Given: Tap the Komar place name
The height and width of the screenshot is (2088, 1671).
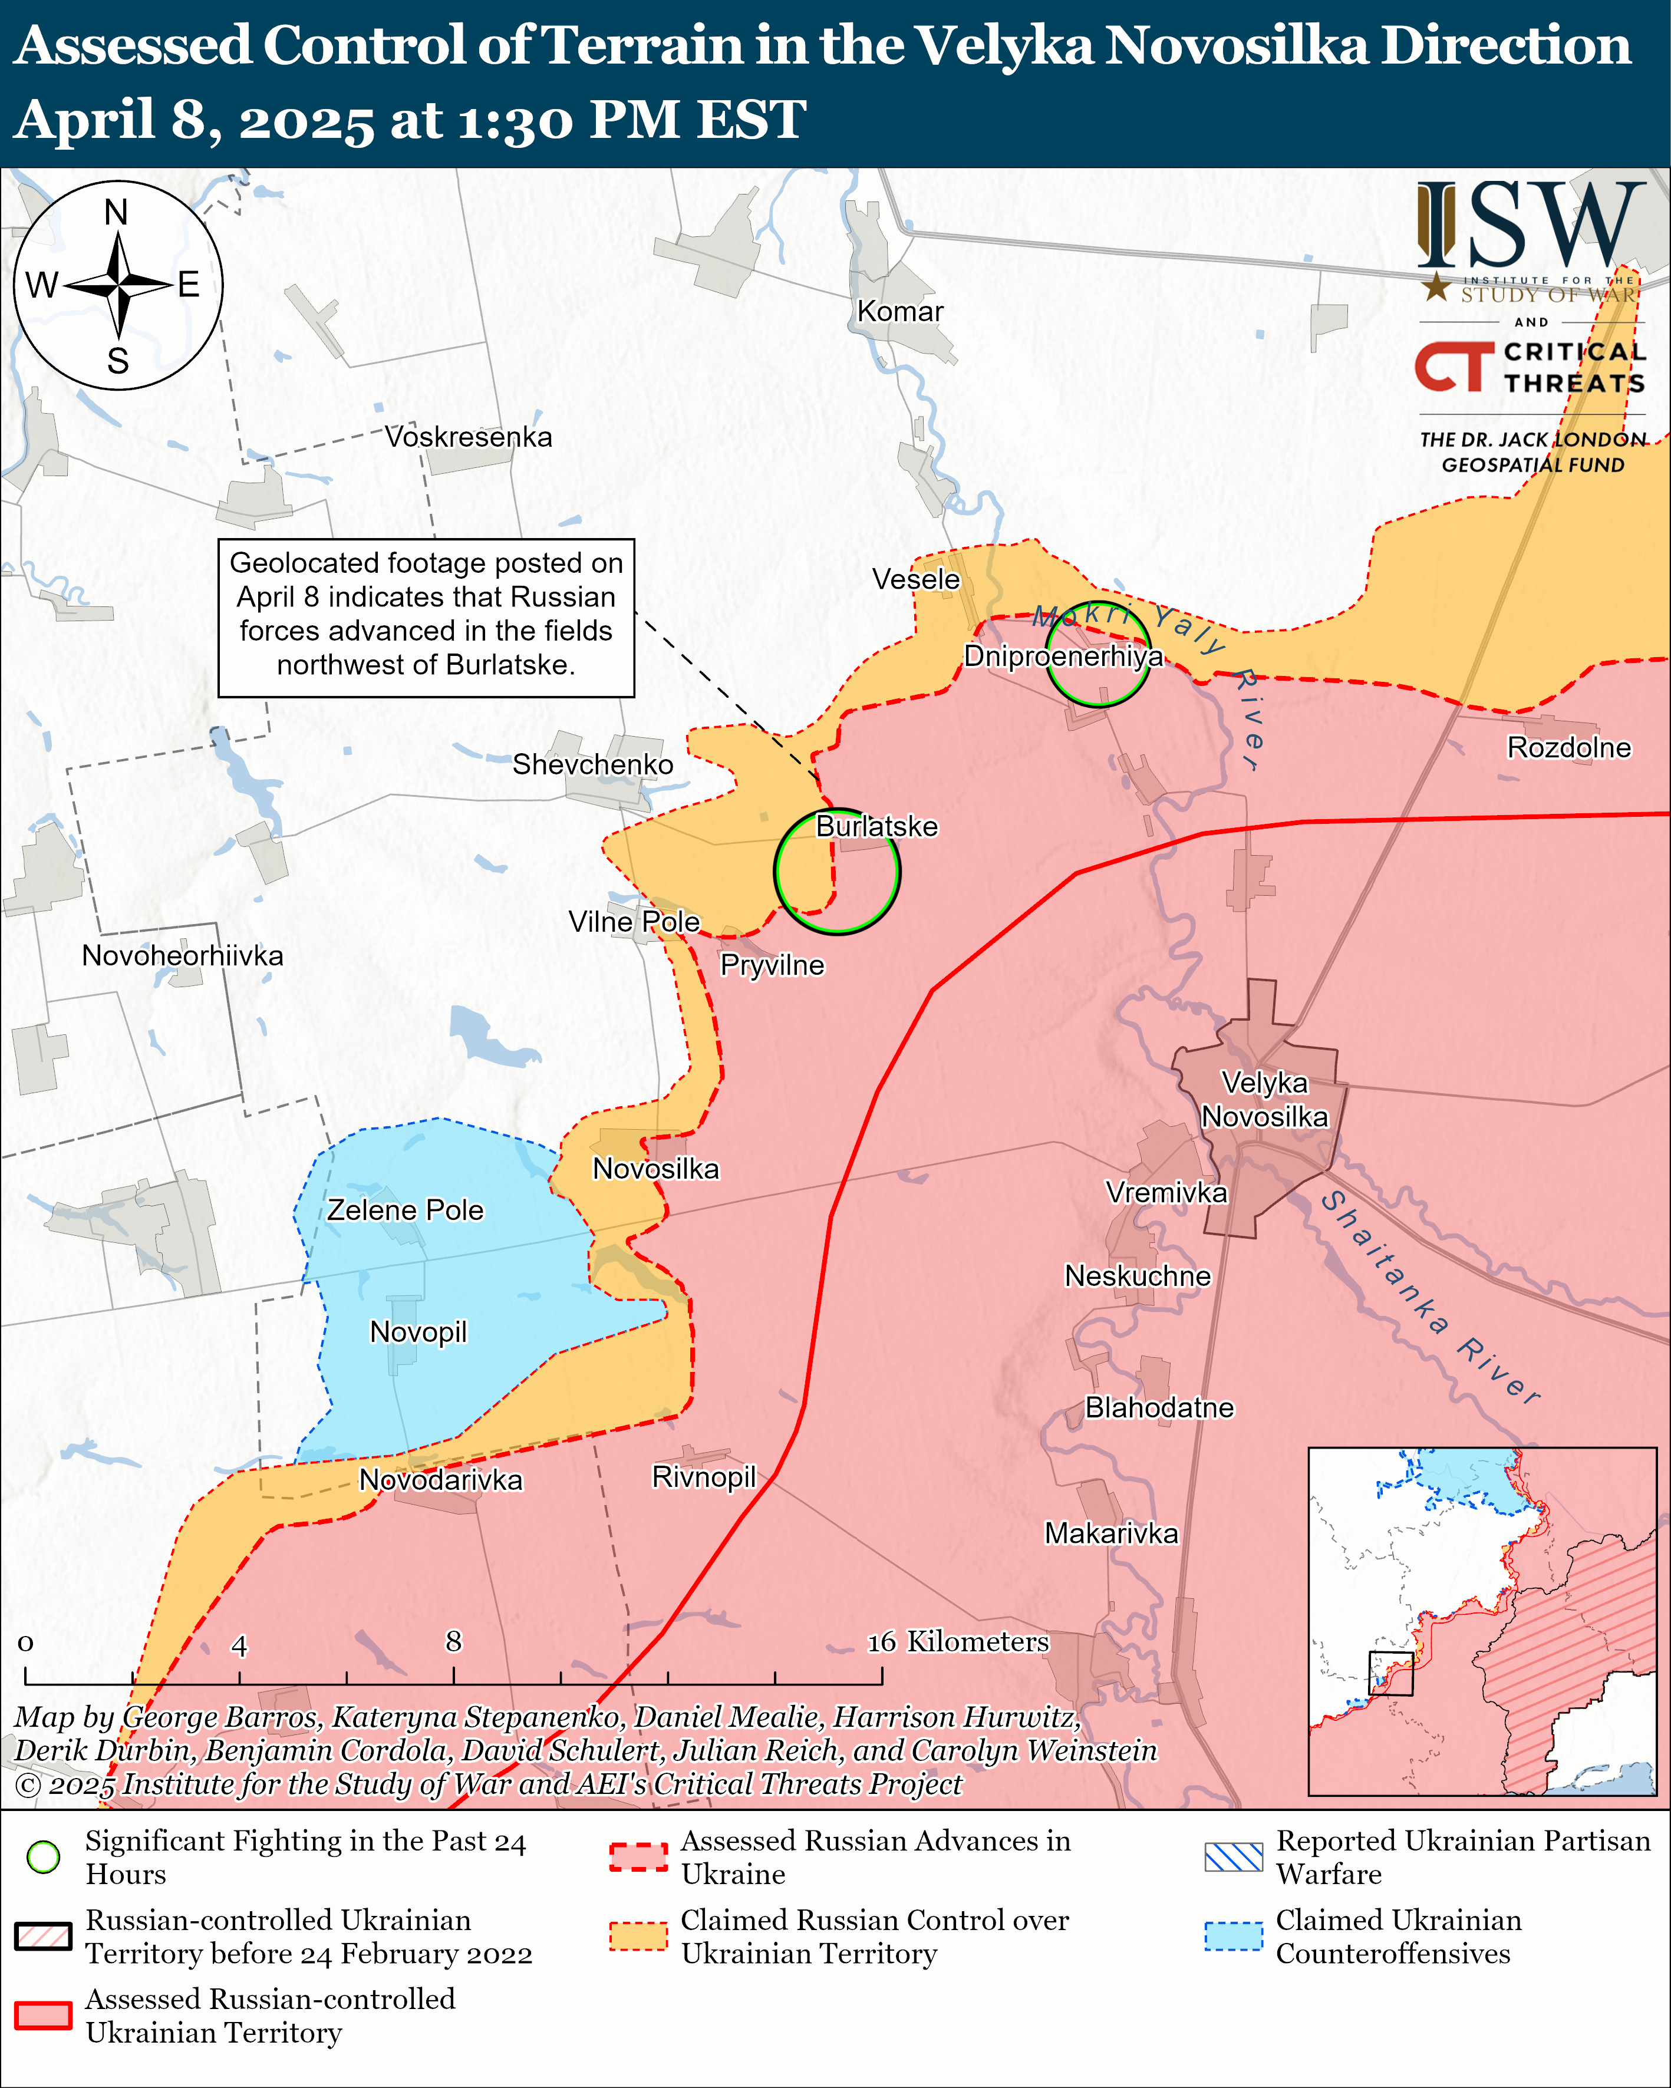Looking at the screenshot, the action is click(900, 312).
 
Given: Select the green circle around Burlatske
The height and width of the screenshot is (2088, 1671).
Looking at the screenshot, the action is click(837, 872).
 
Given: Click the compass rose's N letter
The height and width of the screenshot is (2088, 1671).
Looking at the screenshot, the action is click(116, 212).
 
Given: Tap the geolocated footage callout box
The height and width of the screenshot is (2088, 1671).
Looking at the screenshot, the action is click(426, 618).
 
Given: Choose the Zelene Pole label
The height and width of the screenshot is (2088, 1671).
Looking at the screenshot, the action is click(405, 1210).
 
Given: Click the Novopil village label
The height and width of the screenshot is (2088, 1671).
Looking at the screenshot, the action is click(418, 1332).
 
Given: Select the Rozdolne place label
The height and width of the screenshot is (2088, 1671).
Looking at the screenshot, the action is click(1569, 748).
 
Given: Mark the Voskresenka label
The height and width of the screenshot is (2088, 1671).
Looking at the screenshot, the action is click(469, 437).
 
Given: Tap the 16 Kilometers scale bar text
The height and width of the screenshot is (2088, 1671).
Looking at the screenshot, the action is click(957, 1641).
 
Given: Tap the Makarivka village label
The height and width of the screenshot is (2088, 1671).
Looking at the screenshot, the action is click(1111, 1533).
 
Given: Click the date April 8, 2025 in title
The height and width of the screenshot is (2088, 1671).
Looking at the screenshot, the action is click(194, 120).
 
